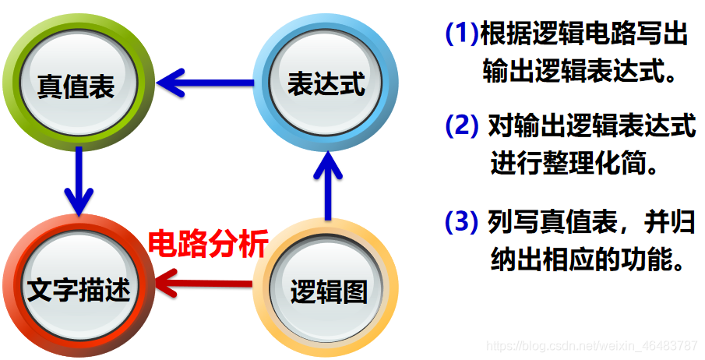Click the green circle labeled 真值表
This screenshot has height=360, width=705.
pos(76,84)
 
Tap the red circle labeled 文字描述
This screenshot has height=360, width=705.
pos(76,289)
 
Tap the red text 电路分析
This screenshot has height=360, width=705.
pos(209,244)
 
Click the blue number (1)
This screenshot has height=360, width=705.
pos(461,34)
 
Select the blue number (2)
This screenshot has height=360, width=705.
pos(461,125)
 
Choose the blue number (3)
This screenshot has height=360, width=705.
pos(461,222)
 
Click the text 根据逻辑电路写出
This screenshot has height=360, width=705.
pos(585,34)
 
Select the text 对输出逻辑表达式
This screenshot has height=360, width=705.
pos(591,125)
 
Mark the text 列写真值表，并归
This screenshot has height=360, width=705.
pos(591,222)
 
